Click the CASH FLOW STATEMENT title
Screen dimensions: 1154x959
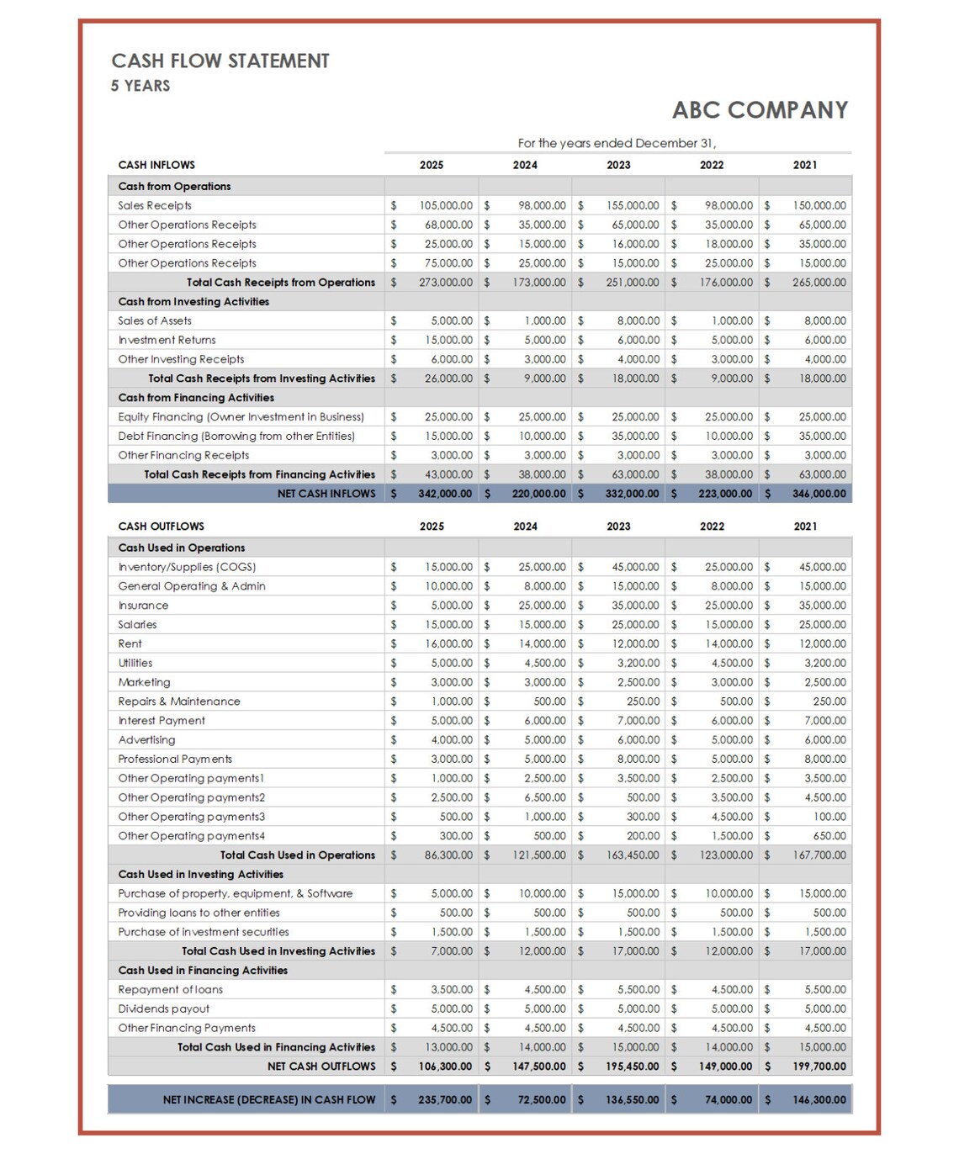pos(220,61)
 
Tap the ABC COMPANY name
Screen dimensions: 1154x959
pos(760,110)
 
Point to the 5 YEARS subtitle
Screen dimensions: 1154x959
pos(140,86)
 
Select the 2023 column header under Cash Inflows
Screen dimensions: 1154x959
pos(618,165)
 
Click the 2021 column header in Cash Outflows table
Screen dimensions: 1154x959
pos(805,527)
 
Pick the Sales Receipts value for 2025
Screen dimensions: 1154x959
pos(446,205)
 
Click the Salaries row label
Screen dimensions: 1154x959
pos(137,625)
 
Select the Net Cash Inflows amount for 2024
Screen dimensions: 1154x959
pos(538,494)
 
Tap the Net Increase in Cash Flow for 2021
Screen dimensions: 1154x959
pos(819,1099)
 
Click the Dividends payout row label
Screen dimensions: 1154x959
pos(164,1008)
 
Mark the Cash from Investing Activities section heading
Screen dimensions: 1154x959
pos(193,302)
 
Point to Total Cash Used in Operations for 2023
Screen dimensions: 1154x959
pos(633,855)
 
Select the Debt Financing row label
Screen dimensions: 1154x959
pos(236,437)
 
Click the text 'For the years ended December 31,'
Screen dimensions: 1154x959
pos(617,143)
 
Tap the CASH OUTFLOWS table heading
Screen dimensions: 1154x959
pos(161,527)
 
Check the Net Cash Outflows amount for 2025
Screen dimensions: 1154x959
pos(445,1067)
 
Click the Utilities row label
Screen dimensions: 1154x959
pos(135,664)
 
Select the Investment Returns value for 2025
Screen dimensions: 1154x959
pos(448,341)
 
